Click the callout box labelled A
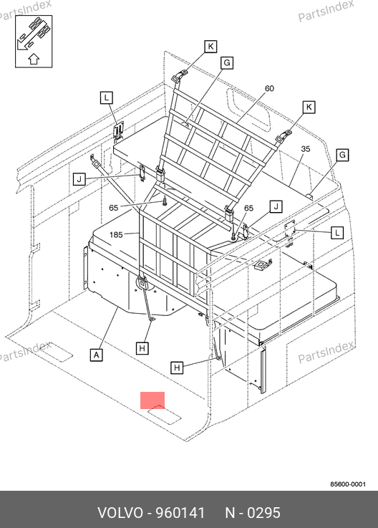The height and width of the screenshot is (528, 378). pos(97,355)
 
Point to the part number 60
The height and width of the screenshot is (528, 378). pos(269,88)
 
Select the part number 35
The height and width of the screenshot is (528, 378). pos(305,149)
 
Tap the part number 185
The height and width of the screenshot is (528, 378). pos(116,234)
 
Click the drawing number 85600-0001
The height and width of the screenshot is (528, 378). pos(348,484)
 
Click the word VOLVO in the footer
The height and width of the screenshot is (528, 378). pos(120,513)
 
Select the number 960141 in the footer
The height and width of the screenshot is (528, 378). pos(180,513)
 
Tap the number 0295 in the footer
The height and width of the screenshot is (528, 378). pos(263,513)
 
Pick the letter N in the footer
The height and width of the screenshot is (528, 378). pos(230,513)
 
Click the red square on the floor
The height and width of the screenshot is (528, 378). pos(152,400)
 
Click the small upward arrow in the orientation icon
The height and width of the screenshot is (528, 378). pos(34,59)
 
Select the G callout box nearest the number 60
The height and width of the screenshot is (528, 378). pos(227,63)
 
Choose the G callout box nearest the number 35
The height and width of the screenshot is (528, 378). pos(342,155)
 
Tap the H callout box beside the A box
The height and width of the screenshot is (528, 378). pos(142,348)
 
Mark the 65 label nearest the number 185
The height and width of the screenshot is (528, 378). pos(114,208)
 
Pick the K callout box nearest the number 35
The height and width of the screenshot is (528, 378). pos(309,107)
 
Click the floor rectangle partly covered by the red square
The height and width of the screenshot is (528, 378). pos(164,414)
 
